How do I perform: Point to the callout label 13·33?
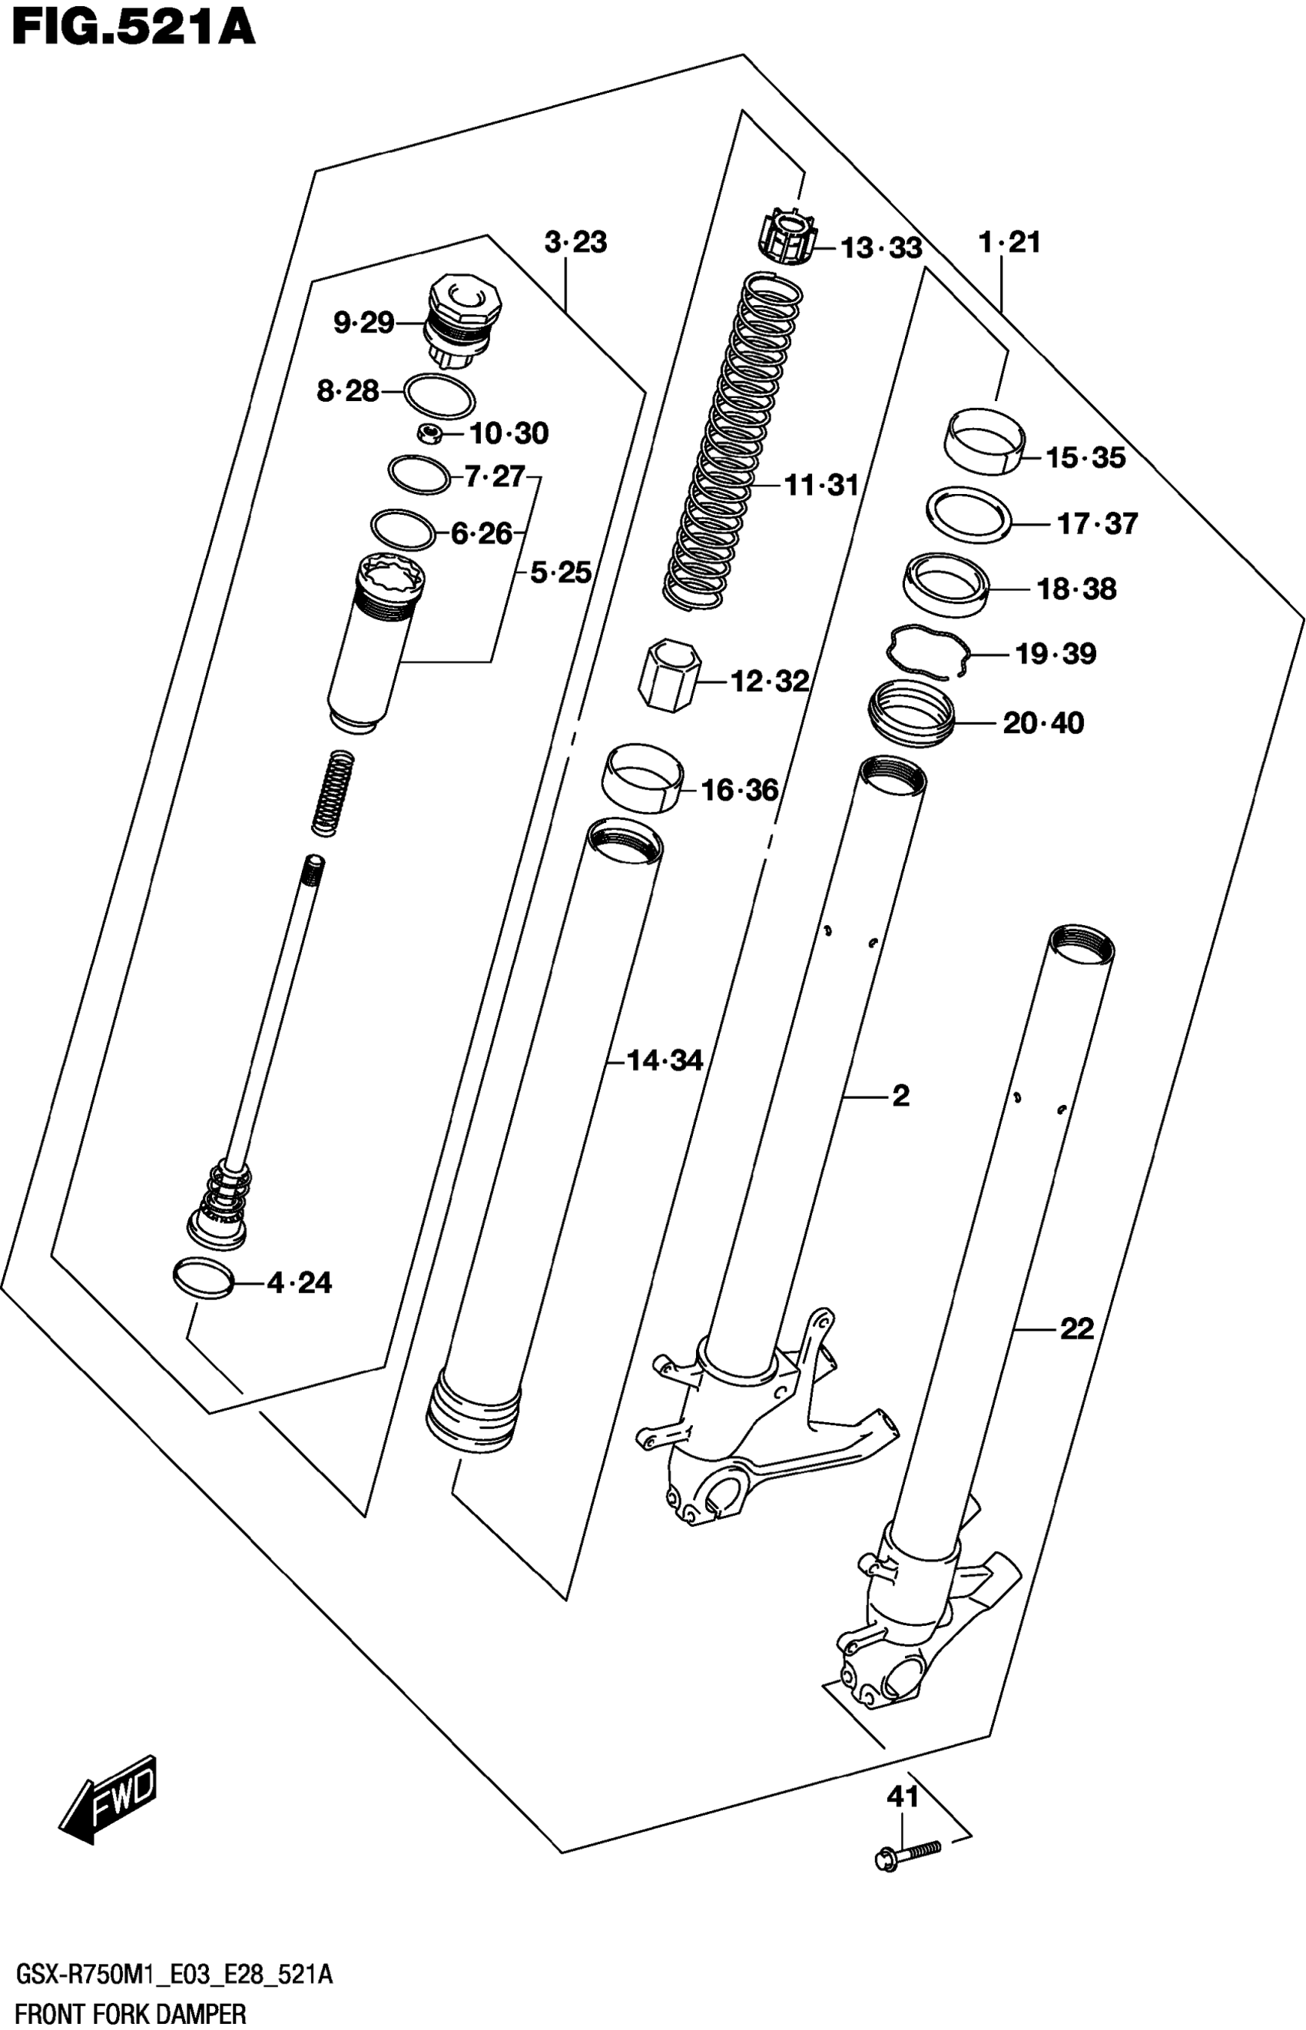[881, 248]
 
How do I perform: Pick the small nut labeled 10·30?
[431, 435]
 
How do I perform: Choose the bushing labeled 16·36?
[644, 777]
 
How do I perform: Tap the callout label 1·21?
[1009, 244]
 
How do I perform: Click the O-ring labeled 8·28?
[439, 395]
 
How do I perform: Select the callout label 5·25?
[561, 573]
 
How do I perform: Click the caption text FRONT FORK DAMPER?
[131, 2013]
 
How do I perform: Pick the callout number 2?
[900, 1096]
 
